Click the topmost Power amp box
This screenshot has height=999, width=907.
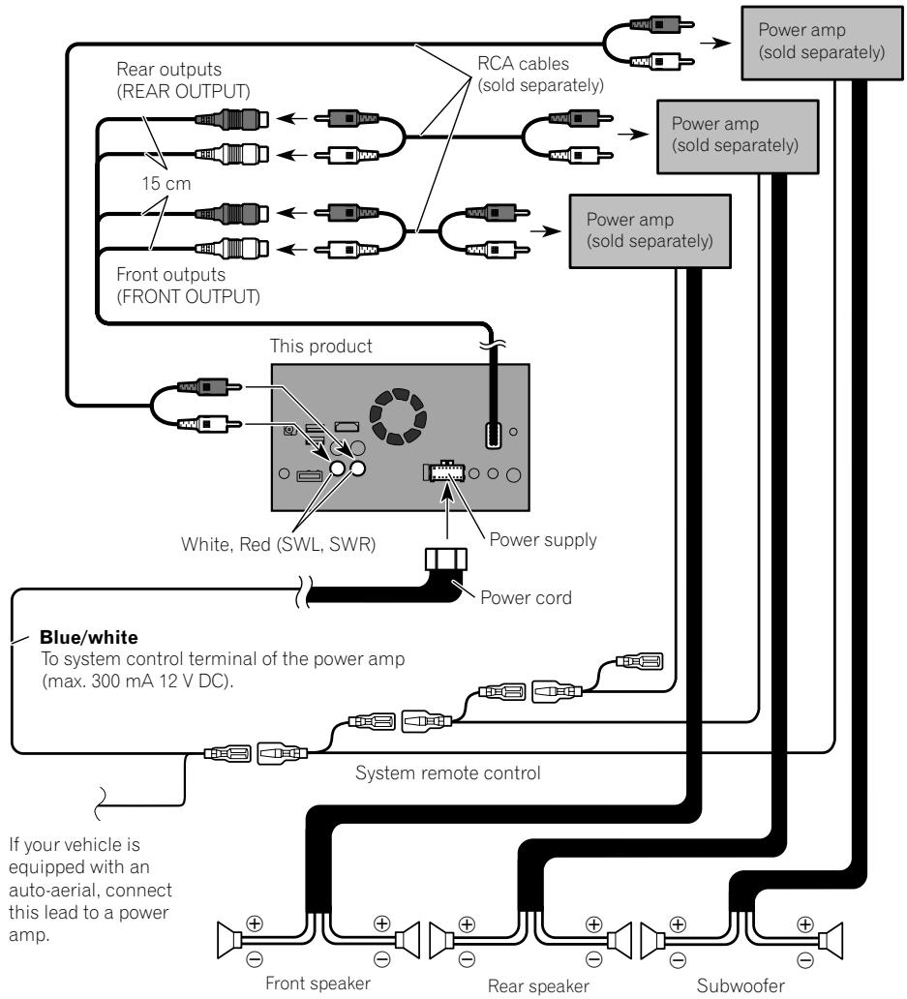click(822, 43)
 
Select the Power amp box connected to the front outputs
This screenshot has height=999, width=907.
click(650, 230)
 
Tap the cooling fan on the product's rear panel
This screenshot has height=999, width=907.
click(398, 416)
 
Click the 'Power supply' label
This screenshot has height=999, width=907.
click(543, 539)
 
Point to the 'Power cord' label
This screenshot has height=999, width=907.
click(527, 597)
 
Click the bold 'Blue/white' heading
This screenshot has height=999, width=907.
click(88, 637)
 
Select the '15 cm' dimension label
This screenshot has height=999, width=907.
click(166, 184)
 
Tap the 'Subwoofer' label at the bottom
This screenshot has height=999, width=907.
click(741, 985)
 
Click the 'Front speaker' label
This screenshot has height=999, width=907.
click(317, 984)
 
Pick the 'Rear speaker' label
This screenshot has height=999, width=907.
click(538, 985)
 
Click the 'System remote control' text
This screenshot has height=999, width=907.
click(448, 772)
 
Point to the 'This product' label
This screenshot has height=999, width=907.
click(321, 346)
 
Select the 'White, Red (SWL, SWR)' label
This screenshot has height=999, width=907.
click(279, 544)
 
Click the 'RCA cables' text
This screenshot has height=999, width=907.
click(523, 64)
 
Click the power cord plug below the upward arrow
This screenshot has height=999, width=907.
click(446, 560)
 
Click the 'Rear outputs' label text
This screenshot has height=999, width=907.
click(168, 69)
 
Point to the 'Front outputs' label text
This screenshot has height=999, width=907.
click(170, 275)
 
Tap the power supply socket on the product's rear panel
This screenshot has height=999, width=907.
click(443, 471)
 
